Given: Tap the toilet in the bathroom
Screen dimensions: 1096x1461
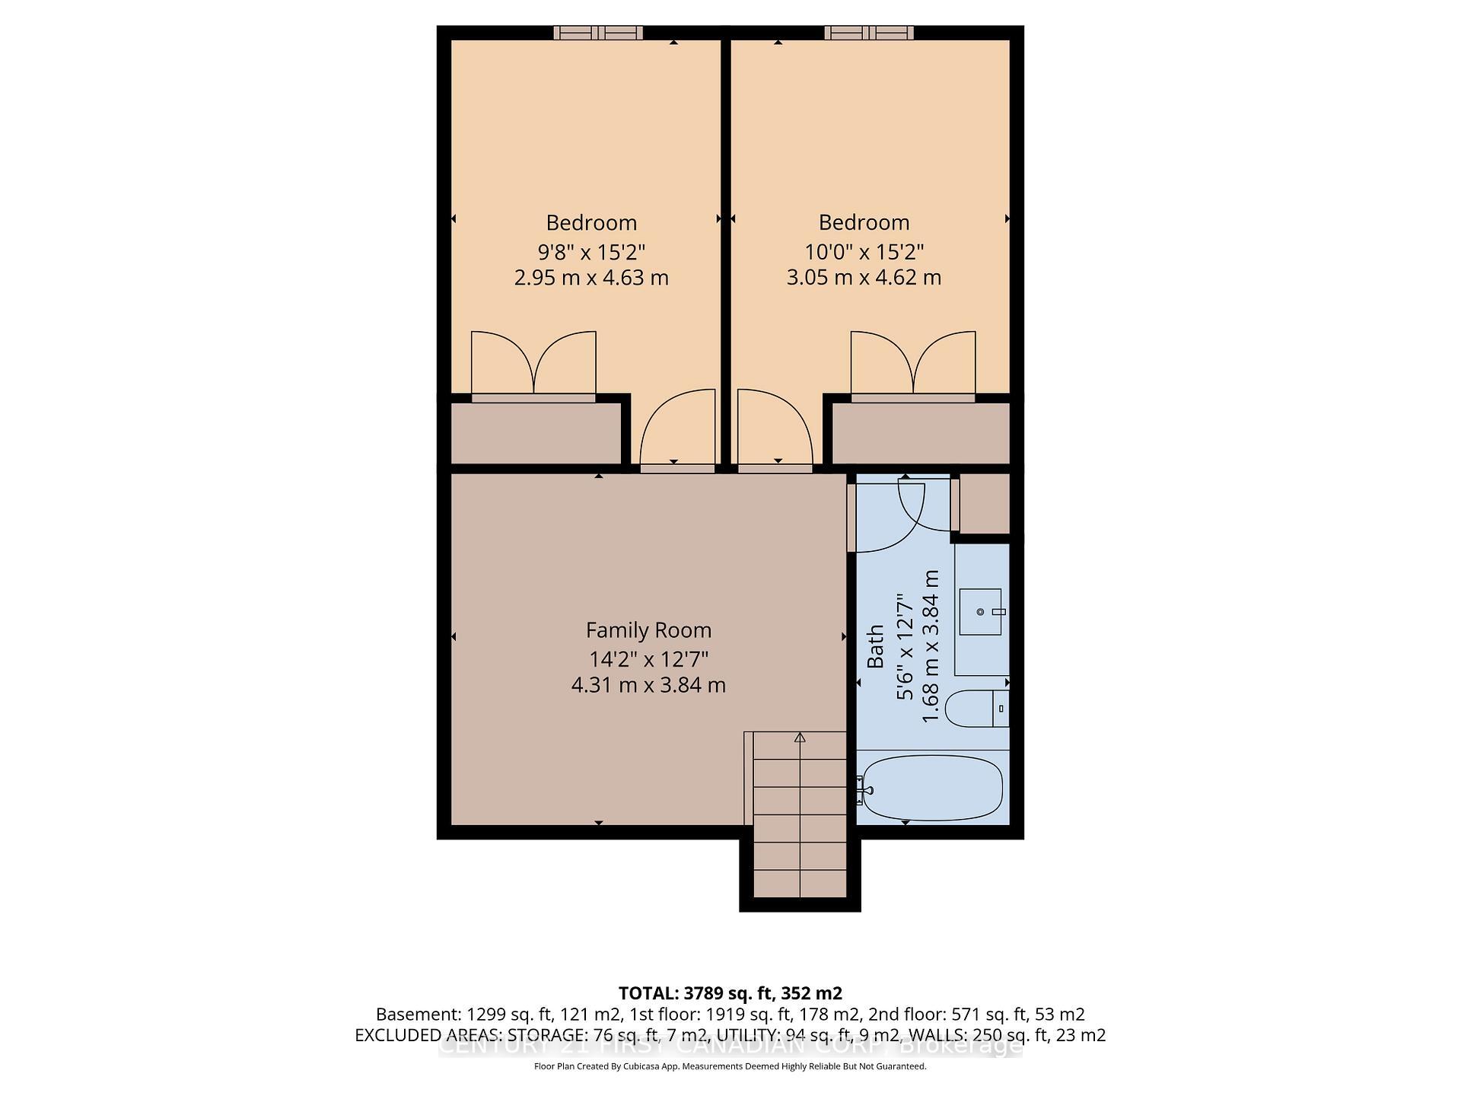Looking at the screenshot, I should click(x=976, y=709).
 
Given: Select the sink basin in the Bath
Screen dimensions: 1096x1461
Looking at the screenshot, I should click(x=979, y=612).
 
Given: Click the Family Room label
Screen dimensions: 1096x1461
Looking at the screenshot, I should click(x=648, y=630).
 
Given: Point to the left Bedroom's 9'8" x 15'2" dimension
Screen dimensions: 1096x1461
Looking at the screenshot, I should click(x=591, y=251).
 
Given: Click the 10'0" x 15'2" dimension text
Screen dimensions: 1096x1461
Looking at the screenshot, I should click(x=864, y=251).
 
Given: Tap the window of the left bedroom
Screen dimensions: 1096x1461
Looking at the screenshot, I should click(x=598, y=33).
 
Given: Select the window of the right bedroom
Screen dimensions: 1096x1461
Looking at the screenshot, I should click(x=869, y=33).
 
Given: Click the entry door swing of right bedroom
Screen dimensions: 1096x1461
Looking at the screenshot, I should click(x=772, y=430).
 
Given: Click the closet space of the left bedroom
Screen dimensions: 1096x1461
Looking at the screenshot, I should click(x=536, y=432).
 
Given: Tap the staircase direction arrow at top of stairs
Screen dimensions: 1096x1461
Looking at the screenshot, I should click(x=800, y=738).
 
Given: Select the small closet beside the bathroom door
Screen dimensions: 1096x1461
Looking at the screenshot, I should click(x=984, y=503).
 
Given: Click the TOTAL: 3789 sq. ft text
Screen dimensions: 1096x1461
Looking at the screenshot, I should click(x=730, y=993).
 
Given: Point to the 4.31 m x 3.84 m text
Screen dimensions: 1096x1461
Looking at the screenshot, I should click(x=648, y=685).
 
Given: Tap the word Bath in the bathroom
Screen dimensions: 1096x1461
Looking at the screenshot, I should click(x=876, y=646).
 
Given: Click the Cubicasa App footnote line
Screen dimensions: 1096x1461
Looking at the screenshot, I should click(x=730, y=1066).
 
